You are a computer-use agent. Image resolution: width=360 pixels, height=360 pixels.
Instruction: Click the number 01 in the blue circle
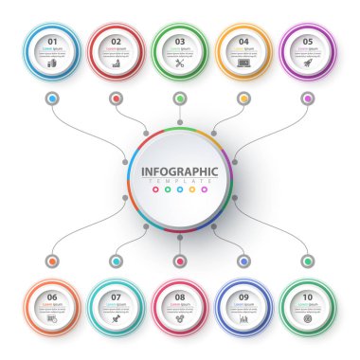[x=52, y=41]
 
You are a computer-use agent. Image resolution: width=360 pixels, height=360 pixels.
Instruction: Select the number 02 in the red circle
[x=116, y=41]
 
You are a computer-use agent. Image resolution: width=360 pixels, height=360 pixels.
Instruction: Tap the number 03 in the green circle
[x=180, y=41]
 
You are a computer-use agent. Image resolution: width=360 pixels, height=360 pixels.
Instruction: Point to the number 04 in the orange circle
[x=243, y=41]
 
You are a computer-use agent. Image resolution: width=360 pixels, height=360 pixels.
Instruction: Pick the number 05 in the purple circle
[x=308, y=41]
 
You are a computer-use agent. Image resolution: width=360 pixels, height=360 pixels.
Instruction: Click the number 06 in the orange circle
[x=52, y=297]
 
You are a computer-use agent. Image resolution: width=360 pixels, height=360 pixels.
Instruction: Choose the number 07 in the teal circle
[x=116, y=297]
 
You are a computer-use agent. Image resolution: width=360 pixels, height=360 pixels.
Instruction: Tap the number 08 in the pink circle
[x=180, y=297]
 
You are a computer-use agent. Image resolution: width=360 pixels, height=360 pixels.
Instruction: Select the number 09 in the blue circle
[x=243, y=297]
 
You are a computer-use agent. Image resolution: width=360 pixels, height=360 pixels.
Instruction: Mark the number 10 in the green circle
[x=308, y=297]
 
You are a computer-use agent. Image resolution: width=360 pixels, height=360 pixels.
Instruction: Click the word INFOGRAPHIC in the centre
[x=180, y=171]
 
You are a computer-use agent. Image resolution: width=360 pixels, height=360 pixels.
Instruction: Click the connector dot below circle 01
[x=52, y=98]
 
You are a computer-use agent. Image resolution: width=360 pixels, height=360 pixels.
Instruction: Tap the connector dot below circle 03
[x=180, y=98]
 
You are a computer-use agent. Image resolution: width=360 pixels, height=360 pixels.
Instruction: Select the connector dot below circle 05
[x=308, y=98]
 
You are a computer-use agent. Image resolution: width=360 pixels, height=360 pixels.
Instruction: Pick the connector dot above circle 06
[x=52, y=261]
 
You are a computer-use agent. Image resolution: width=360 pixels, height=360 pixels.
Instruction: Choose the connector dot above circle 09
[x=243, y=261]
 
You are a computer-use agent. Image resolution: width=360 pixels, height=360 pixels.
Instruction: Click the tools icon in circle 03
[x=180, y=63]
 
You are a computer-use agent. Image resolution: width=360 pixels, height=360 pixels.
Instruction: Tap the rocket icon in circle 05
[x=308, y=63]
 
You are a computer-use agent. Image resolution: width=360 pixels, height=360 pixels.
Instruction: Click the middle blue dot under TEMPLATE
[x=180, y=189]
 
